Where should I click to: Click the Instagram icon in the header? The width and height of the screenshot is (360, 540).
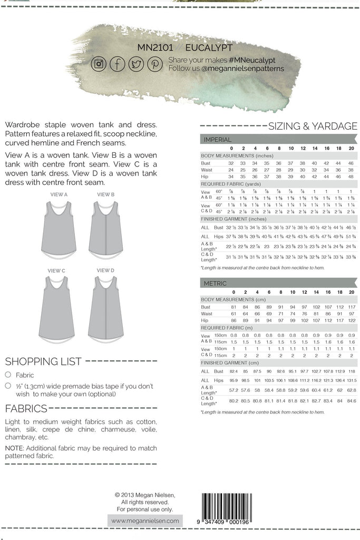coord(99,64)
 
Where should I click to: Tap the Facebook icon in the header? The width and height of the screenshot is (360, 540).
coord(117,64)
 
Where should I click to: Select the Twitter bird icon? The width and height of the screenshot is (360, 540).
coord(135,64)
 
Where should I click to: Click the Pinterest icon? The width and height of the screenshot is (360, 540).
coord(154,64)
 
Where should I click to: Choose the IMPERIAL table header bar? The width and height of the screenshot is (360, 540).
coord(279,140)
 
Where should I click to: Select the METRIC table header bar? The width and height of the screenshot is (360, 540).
coord(279,283)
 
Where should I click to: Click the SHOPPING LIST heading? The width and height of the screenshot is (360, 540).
coord(43,362)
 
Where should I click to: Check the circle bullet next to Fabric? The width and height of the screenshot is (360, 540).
coord(8,375)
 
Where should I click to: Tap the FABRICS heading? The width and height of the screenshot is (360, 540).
coord(25,409)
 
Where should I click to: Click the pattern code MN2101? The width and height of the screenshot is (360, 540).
coord(155,47)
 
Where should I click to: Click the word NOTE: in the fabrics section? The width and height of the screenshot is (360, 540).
coord(14,448)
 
